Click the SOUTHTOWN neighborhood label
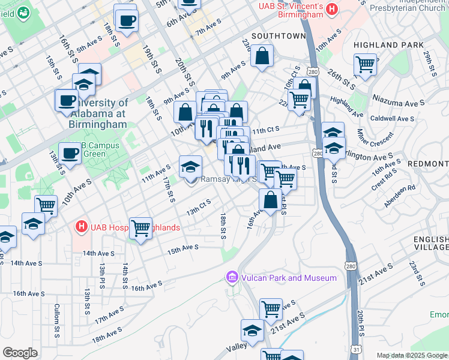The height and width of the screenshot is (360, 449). pos(279,36)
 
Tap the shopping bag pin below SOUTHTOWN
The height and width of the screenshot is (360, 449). pos(262,58)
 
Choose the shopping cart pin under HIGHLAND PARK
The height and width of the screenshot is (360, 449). pos(365,64)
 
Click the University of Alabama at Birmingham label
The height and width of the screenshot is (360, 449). pos(95,113)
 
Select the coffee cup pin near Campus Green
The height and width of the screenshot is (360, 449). pos(70,154)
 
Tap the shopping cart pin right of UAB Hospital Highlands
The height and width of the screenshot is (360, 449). pos(140,228)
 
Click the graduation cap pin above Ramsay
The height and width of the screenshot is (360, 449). pos(191,167)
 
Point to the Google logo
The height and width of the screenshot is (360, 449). pos(20,353)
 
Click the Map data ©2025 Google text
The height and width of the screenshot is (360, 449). pos(412,355)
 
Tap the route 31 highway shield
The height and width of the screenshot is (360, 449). pos(358,347)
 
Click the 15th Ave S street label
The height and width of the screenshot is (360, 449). pos(182,247)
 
